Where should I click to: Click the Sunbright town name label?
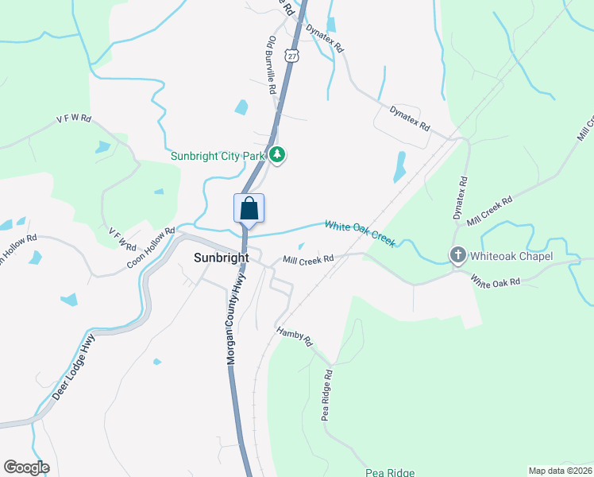[x=222, y=258]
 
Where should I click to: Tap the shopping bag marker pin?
[x=249, y=209]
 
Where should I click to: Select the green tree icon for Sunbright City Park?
[x=276, y=155]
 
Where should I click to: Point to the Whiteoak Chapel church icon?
[x=457, y=256]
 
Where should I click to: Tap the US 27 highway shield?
[x=293, y=56]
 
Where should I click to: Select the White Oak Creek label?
[x=360, y=234]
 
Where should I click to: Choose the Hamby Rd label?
[x=295, y=337]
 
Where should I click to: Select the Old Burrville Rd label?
[x=274, y=61]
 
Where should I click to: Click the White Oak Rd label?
[x=495, y=281]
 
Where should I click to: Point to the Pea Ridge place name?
[x=390, y=473]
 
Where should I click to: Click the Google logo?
[x=26, y=467]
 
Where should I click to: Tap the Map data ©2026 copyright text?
[x=559, y=471]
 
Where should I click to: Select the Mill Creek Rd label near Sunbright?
[x=308, y=260]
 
